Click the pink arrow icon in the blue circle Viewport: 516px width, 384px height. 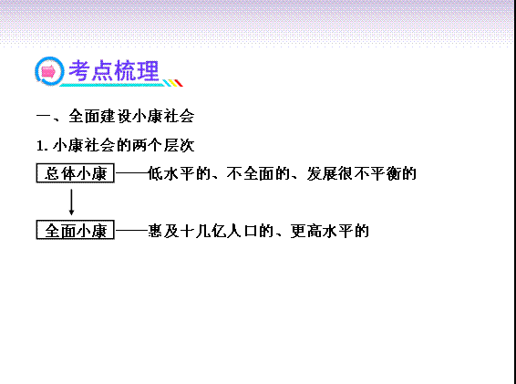pyautogui.click(x=48, y=71)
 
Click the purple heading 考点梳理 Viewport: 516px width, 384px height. pyautogui.click(x=114, y=70)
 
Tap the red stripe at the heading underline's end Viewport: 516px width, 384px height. pyautogui.click(x=179, y=83)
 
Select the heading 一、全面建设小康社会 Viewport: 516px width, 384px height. pyautogui.click(x=115, y=116)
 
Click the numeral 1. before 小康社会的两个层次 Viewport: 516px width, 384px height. pyautogui.click(x=43, y=146)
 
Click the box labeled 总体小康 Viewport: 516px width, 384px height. pyautogui.click(x=75, y=173)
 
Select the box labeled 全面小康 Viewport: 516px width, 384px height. pyautogui.click(x=75, y=230)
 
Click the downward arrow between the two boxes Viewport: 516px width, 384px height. pyautogui.click(x=71, y=202)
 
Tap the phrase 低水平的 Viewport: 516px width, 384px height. pyautogui.click(x=179, y=173)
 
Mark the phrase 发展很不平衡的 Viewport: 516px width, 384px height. pyautogui.click(x=361, y=173)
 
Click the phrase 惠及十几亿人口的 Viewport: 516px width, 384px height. pyautogui.click(x=211, y=231)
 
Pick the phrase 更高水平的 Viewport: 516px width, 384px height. pyautogui.click(x=330, y=231)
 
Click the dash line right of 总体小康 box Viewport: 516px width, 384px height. pyautogui.click(x=131, y=171)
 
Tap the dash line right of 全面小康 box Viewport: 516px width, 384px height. pyautogui.click(x=131, y=230)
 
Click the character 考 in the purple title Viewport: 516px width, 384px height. pyautogui.click(x=79, y=70)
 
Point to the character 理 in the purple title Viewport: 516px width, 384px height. pyautogui.click(x=149, y=70)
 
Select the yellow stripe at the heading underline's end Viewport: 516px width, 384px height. pyautogui.click(x=173, y=83)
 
